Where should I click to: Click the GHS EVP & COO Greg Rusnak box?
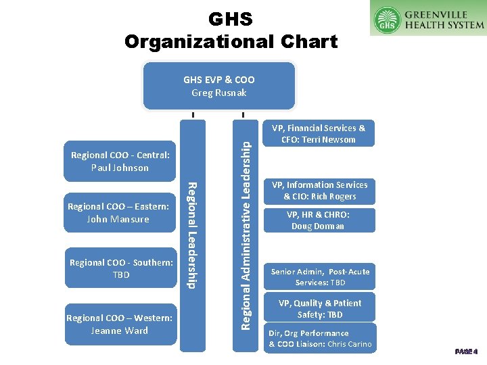pos(218,86)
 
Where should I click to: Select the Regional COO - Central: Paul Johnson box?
pos(120,161)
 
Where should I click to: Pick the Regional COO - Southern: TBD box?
pos(120,268)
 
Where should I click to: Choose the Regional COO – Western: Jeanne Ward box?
pos(119,324)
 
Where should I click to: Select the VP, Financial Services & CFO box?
pos(318,134)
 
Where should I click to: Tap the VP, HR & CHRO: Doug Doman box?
pos(318,220)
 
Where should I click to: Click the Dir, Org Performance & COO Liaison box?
pos(320,339)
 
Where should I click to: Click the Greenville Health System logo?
pos(428,18)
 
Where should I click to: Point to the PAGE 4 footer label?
pos(467,351)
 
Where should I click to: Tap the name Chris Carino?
pos(349,345)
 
